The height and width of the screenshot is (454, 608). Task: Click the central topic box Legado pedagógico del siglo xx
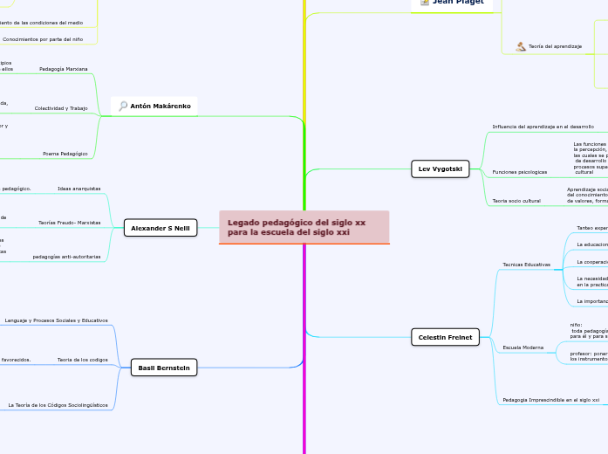pyautogui.click(x=304, y=227)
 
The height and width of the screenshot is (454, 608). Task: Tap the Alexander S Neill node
pyautogui.click(x=161, y=228)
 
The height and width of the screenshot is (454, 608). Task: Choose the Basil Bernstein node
pyautogui.click(x=163, y=368)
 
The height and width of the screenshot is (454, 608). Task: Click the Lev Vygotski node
pyautogui.click(x=440, y=169)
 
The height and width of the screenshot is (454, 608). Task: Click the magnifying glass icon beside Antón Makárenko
pyautogui.click(x=123, y=106)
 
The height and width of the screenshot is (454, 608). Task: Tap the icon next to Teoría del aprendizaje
pyautogui.click(x=521, y=46)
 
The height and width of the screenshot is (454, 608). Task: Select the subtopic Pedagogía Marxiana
pyautogui.click(x=64, y=68)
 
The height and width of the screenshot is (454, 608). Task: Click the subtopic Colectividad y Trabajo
pyautogui.click(x=61, y=108)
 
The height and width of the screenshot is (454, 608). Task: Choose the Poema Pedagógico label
pyautogui.click(x=65, y=153)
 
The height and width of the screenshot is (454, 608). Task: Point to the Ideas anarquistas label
pyautogui.click(x=79, y=189)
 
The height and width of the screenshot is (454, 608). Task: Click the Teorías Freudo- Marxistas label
pyautogui.click(x=69, y=223)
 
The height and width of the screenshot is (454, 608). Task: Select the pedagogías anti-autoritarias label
pyautogui.click(x=66, y=257)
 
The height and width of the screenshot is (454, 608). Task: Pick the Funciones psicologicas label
pyautogui.click(x=520, y=171)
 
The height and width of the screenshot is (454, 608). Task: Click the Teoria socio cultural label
pyautogui.click(x=516, y=201)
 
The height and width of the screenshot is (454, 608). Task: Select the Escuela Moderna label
pyautogui.click(x=523, y=347)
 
